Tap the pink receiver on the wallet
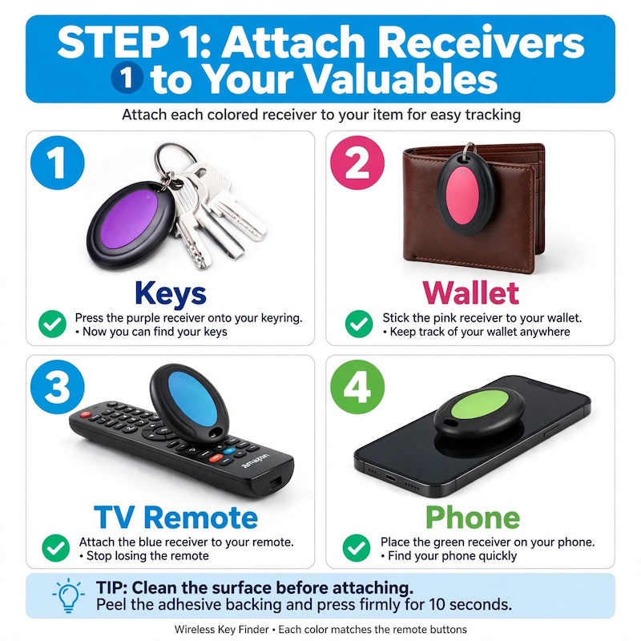462,196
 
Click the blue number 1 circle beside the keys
58,163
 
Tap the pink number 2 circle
357,163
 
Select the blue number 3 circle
58,387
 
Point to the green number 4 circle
357,387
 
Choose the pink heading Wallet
471,292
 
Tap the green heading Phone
473,517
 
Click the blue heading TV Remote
175,517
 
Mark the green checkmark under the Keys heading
52,324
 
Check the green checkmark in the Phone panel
357,548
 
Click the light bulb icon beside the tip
69,595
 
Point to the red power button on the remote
86,414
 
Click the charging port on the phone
390,478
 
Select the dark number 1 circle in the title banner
127,77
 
